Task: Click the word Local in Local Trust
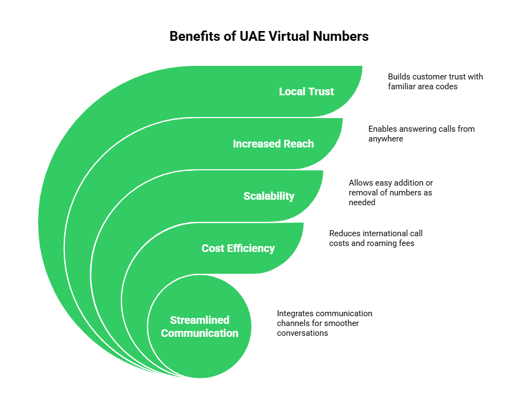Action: point(292,91)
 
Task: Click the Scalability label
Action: point(269,196)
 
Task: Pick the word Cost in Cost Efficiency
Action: point(212,248)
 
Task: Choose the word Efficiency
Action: point(250,248)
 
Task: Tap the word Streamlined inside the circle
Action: point(199,320)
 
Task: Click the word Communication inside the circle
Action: point(199,333)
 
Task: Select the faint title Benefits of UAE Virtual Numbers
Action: point(269,36)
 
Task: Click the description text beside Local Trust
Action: point(433,82)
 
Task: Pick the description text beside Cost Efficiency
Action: point(376,238)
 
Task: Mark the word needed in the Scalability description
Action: point(362,201)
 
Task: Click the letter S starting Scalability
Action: point(247,196)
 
